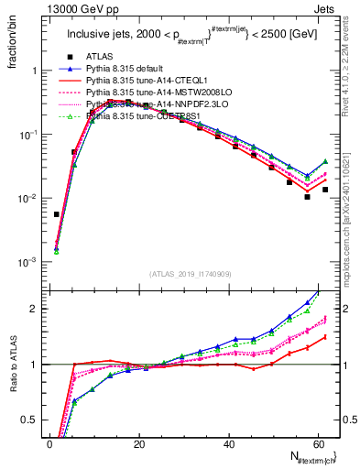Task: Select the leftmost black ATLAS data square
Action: (57, 214)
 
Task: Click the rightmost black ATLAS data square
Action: (325, 190)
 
